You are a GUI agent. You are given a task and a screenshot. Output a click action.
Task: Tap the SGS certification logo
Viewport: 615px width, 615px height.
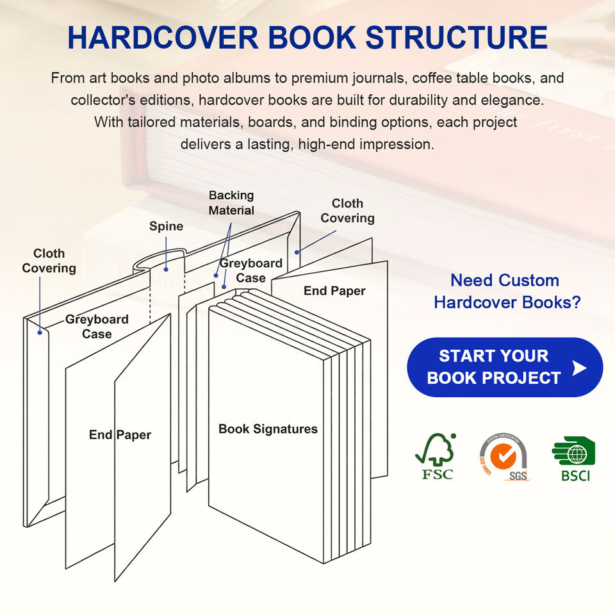coord(504,457)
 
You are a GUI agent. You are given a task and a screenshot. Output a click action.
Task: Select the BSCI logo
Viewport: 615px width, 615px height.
coord(574,459)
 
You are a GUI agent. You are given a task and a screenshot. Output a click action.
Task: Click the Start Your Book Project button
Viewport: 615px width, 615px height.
coord(505,367)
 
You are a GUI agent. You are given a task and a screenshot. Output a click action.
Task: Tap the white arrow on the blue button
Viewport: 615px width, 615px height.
coord(579,368)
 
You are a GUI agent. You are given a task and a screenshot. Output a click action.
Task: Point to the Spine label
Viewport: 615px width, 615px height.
coord(167,226)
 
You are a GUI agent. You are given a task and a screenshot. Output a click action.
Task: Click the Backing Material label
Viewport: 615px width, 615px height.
coord(231,203)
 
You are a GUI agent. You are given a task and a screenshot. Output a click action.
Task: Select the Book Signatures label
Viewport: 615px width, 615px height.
coord(268,429)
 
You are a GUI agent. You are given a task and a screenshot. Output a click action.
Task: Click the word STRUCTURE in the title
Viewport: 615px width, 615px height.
coord(457,37)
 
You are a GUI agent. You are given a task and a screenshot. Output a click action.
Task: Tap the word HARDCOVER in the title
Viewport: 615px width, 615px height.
coord(163,37)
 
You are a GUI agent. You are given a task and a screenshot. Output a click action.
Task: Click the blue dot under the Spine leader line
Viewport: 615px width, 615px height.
coord(166,270)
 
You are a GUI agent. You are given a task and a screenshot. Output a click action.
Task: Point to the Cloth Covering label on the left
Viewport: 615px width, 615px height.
coord(49,261)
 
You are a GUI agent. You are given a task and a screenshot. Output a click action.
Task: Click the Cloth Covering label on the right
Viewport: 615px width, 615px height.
coord(347,211)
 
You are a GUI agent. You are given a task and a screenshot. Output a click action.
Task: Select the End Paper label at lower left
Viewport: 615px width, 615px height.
coord(120,434)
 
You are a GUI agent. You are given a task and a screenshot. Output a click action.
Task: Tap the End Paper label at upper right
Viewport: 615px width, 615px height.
coord(334,291)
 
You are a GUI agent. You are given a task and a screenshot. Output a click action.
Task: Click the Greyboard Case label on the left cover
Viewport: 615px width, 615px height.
coord(97,326)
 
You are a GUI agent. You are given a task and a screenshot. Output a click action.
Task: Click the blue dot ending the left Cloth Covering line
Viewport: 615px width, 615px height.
coord(40,332)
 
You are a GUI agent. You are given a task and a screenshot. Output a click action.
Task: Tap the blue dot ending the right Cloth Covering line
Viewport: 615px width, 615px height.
coord(297,252)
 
